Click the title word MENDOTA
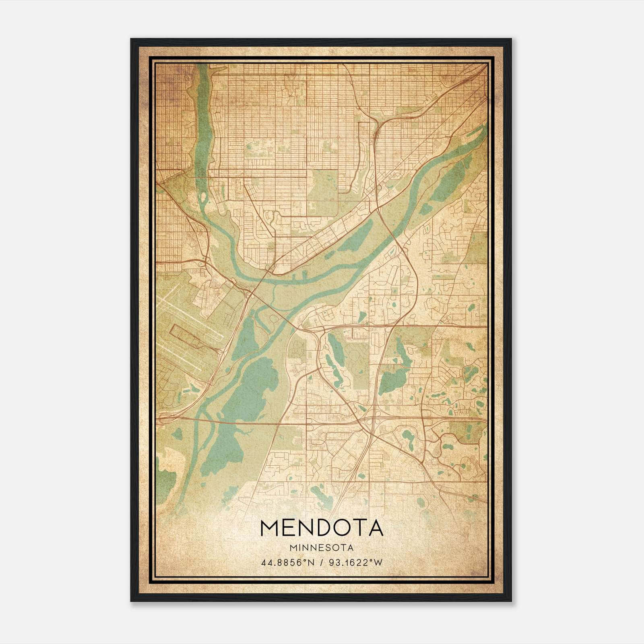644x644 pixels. pos(322,528)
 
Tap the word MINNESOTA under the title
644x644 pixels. pos(322,548)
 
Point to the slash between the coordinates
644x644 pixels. pos(321,563)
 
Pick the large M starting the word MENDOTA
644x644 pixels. pos(270,528)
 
